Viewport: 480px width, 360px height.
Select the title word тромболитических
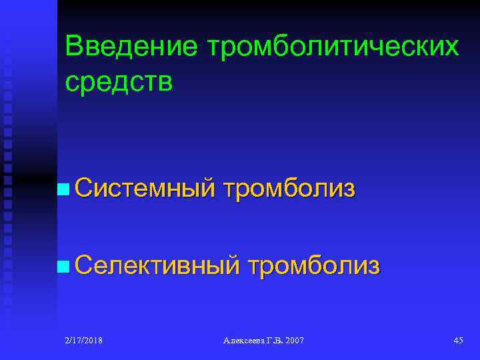333,47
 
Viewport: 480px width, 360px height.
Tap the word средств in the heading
119,82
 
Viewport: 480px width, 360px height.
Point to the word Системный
145,189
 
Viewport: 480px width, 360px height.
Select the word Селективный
157,266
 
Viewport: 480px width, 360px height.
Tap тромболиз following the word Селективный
313,266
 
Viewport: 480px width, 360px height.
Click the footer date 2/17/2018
85,341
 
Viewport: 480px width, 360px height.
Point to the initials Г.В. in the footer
273,341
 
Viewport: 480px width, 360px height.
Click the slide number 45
458,341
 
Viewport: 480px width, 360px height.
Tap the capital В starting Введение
73,47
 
